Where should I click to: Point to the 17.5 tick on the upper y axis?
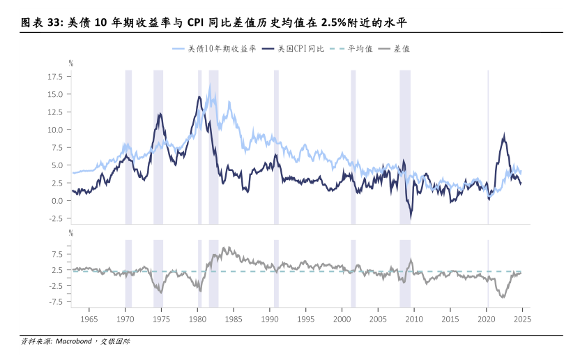point(55,76)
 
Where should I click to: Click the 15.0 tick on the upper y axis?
point(55,94)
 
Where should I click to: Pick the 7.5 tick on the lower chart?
point(57,253)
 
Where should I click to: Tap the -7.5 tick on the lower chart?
point(56,302)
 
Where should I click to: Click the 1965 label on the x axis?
point(89,320)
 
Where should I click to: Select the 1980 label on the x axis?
point(197,320)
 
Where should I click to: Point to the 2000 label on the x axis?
point(342,320)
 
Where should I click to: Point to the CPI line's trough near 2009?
point(411,218)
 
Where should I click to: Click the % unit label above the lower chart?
point(70,234)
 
